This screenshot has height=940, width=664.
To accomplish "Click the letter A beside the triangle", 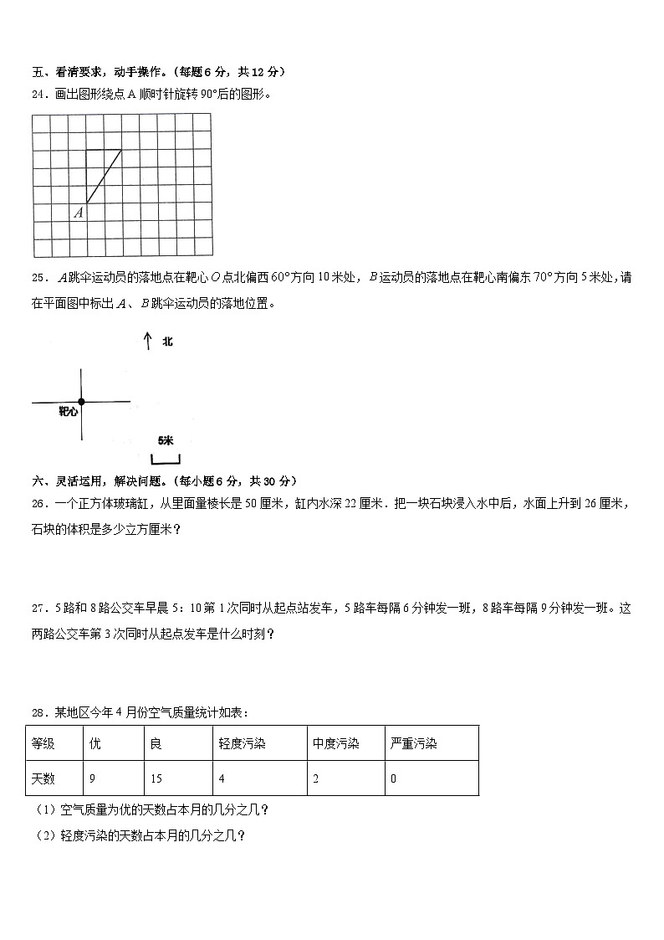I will click(x=78, y=213).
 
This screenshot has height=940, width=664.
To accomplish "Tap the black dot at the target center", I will click(x=81, y=402).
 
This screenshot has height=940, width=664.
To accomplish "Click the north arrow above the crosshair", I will click(x=147, y=341).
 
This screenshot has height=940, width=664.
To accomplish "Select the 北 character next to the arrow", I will click(x=167, y=342).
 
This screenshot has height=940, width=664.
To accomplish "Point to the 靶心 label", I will click(x=68, y=412).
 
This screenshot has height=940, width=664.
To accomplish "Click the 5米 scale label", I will click(x=165, y=440).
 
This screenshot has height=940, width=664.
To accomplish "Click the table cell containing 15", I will click(x=177, y=778).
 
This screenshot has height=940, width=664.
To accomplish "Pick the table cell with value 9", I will click(x=113, y=778).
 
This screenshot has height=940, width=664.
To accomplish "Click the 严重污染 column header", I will click(x=432, y=743).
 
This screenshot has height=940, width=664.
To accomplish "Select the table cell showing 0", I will click(x=432, y=778).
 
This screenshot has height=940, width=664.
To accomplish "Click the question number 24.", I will click(x=38, y=95).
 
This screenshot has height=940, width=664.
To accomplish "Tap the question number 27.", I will click(x=38, y=609).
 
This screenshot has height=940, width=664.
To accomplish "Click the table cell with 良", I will click(x=177, y=743).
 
